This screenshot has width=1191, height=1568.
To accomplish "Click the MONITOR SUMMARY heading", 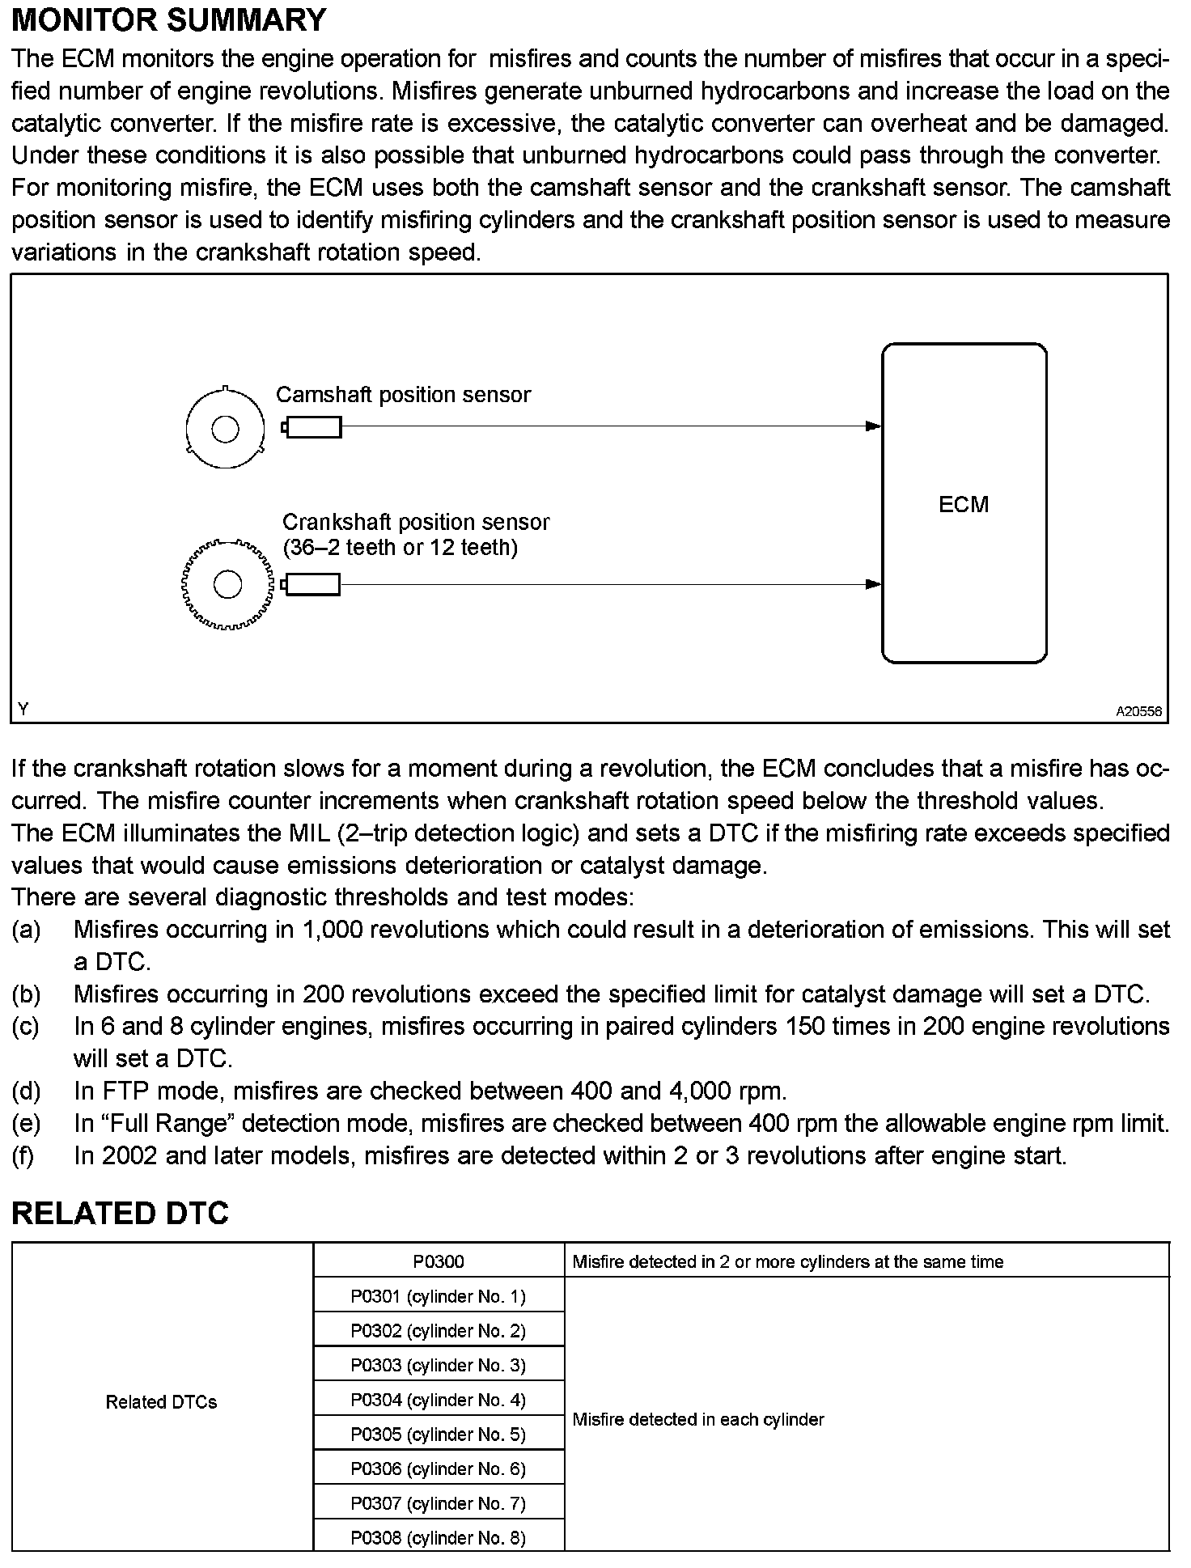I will [x=168, y=20].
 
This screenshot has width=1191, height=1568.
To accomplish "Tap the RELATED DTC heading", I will [x=120, y=1214].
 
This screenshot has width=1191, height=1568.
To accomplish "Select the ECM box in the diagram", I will [x=964, y=503].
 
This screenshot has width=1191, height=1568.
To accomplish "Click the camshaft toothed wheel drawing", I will [x=225, y=428].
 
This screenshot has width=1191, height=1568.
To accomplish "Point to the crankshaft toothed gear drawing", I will [x=227, y=584].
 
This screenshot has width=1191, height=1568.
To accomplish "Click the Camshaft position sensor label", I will [x=403, y=395].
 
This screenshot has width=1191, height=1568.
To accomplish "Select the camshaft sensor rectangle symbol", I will [x=313, y=427].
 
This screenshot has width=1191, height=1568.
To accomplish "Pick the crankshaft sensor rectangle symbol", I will [x=312, y=584].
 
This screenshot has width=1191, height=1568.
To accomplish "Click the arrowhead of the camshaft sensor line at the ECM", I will [x=873, y=426].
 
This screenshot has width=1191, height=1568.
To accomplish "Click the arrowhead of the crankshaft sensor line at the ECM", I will [x=873, y=584].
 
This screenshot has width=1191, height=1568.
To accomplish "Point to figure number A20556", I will [x=1138, y=712].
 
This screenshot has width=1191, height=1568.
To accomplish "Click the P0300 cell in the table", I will [x=439, y=1261].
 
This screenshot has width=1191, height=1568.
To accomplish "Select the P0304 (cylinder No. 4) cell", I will [x=439, y=1400].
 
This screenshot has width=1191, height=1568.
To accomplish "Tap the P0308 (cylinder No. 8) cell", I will [x=439, y=1538].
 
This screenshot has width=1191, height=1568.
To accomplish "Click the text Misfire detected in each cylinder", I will [x=697, y=1419].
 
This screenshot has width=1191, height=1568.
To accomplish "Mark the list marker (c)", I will [x=26, y=1027].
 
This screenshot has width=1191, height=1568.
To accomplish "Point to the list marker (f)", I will [x=24, y=1156].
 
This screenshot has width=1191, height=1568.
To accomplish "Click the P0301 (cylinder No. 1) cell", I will [x=439, y=1296].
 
